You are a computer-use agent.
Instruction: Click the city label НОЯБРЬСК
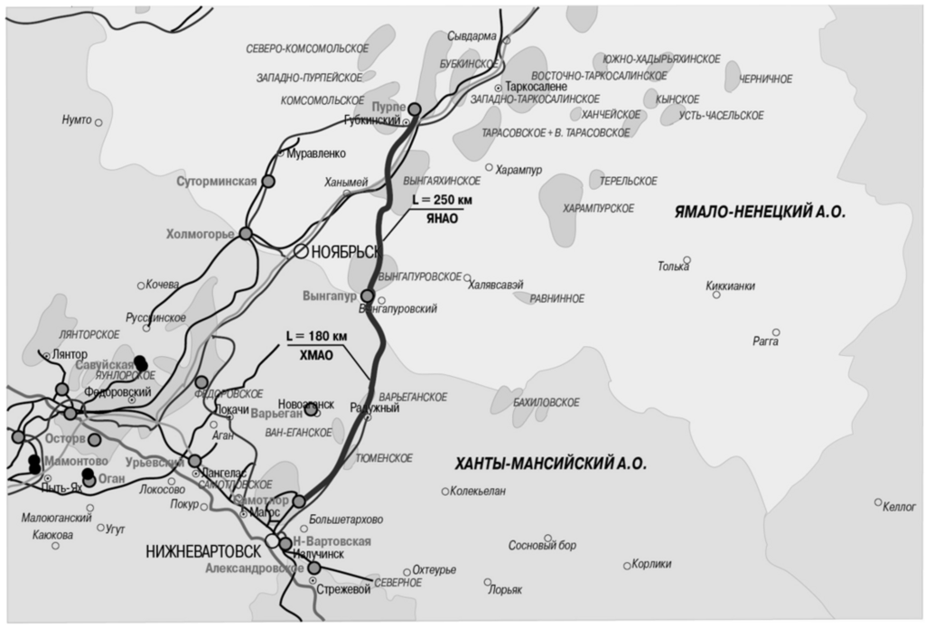tap(342, 253)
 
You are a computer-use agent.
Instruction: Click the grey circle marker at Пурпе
tap(415, 109)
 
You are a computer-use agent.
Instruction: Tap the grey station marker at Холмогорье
tap(245, 234)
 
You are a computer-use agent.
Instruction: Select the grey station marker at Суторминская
tap(267, 182)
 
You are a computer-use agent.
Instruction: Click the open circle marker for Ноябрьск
tap(299, 252)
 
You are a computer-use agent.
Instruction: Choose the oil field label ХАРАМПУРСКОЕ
tap(598, 208)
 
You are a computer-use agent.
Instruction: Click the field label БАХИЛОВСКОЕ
tap(547, 402)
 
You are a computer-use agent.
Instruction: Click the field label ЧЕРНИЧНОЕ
tap(765, 80)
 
